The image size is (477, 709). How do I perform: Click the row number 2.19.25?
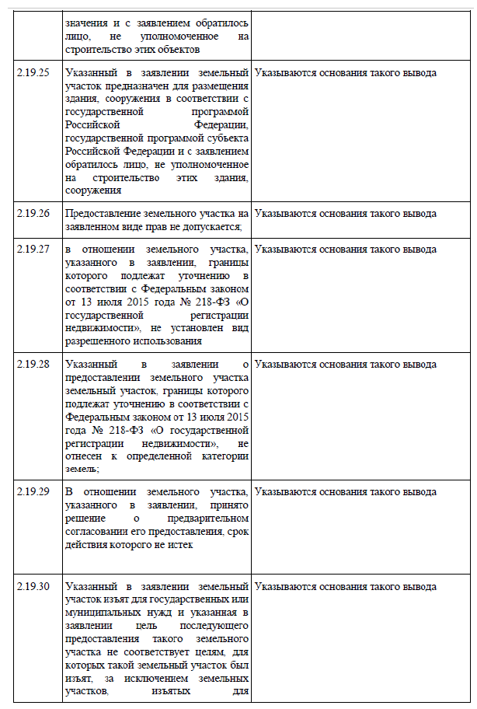pyautogui.click(x=33, y=73)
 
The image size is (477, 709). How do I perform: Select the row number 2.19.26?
pyautogui.click(x=33, y=213)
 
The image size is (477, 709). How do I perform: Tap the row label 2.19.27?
pyautogui.click(x=33, y=250)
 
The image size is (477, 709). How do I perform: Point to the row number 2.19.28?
pyautogui.click(x=33, y=364)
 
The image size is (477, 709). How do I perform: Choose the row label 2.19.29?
pyautogui.click(x=33, y=492)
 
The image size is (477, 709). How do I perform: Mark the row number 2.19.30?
pyautogui.click(x=33, y=586)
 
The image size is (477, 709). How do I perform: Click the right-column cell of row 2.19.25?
pyautogui.click(x=345, y=73)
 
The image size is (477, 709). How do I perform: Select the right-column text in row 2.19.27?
pyautogui.click(x=345, y=250)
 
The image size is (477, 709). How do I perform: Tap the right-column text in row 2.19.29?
pyautogui.click(x=345, y=492)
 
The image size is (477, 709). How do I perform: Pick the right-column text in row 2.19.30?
pyautogui.click(x=345, y=586)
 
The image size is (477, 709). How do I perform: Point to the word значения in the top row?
pyautogui.click(x=86, y=23)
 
